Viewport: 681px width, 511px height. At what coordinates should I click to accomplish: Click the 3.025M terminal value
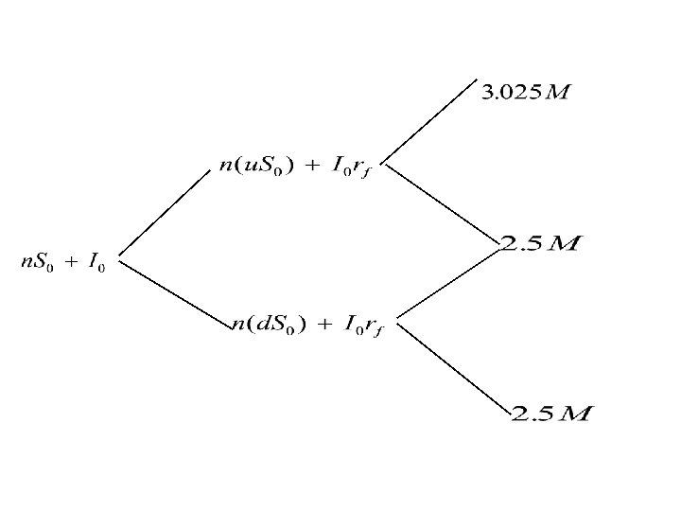(527, 93)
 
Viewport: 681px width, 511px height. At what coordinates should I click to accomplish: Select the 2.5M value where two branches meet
(540, 244)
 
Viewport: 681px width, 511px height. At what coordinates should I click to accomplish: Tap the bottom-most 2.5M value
(551, 414)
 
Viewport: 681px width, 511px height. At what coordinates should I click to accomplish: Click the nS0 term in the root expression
(37, 263)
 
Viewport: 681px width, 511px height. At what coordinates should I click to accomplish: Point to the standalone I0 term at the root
(96, 263)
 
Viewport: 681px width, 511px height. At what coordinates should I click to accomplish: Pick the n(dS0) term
(268, 326)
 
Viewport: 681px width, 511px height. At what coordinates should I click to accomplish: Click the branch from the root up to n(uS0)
(164, 213)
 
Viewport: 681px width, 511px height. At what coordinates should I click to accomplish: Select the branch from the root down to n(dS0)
(176, 290)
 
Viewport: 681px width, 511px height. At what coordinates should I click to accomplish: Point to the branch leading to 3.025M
(431, 120)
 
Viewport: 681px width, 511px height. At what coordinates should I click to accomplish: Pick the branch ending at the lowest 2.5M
(452, 366)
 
